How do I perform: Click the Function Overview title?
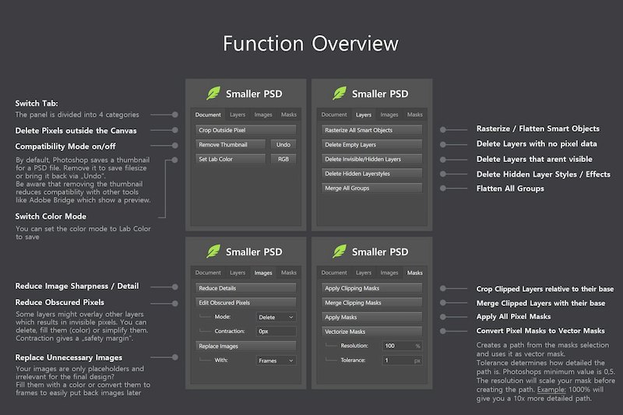click(x=310, y=44)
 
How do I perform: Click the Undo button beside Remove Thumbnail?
click(x=283, y=145)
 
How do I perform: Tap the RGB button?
click(x=283, y=159)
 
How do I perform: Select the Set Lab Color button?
click(x=231, y=159)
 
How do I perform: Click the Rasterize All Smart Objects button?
click(x=372, y=130)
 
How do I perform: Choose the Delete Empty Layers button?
click(x=372, y=145)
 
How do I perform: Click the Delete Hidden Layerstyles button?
click(x=372, y=174)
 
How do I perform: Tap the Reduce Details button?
click(x=245, y=288)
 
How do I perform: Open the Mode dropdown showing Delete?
click(x=276, y=317)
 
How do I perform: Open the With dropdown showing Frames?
click(x=276, y=360)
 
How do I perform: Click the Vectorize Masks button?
click(x=372, y=331)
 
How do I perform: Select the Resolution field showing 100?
click(x=402, y=346)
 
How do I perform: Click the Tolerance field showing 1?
click(x=402, y=360)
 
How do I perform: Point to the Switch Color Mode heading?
click(x=51, y=216)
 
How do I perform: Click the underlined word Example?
click(x=551, y=389)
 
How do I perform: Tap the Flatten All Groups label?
click(x=510, y=188)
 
